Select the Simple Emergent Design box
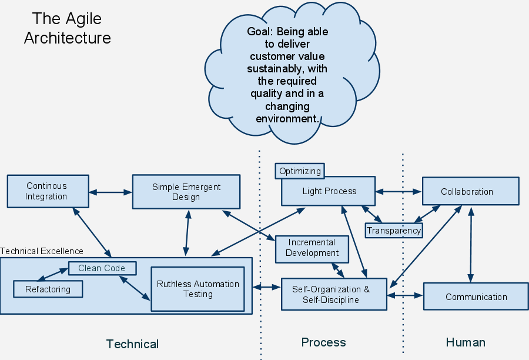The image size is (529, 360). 186,192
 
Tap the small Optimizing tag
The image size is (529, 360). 300,171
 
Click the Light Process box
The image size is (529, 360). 328,191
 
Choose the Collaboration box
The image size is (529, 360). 471,191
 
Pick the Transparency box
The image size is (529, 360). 394,230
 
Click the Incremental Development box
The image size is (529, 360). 312,248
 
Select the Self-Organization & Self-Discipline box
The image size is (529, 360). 334,294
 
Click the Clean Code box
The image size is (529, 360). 102,268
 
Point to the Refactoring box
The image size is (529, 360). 48,289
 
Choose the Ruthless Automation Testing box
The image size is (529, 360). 197,289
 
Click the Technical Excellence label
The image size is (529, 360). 42,251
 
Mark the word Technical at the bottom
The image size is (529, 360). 132,344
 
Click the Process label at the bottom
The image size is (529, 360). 323,342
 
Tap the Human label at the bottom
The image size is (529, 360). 466,342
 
